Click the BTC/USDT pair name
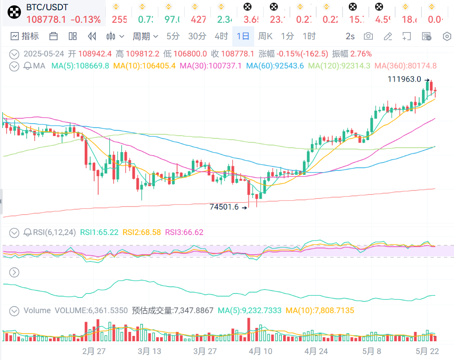coord(47,8)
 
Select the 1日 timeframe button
coord(243,36)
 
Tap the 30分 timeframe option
coord(197,36)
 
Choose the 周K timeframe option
coord(265,36)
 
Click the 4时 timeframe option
coord(221,36)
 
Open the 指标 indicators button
coord(25,36)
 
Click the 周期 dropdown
coord(145,36)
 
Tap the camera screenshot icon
coord(368,36)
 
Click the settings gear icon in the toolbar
coord(446,36)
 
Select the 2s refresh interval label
coord(350,36)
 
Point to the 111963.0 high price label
coord(404,79)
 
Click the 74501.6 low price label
coord(224,207)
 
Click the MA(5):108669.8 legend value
coord(80,66)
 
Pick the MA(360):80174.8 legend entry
coord(405,66)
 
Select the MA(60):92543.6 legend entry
coord(275,66)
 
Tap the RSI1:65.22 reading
coord(99,232)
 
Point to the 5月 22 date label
coord(427,351)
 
